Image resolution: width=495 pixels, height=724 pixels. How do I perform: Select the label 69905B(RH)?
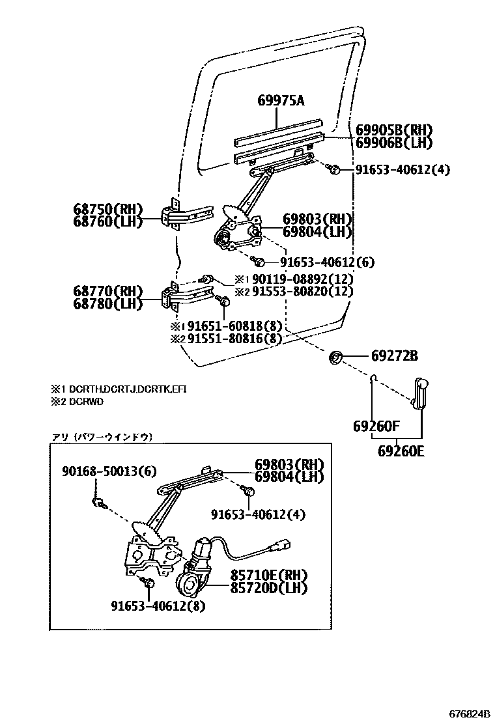pyautogui.click(x=394, y=130)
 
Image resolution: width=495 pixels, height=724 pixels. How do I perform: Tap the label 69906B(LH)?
pyautogui.click(x=394, y=142)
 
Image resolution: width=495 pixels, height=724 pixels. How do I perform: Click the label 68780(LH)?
pyautogui.click(x=108, y=303)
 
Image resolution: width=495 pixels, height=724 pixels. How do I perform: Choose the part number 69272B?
pyautogui.click(x=395, y=356)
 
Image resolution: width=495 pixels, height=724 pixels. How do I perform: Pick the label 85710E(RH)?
pyautogui.click(x=268, y=576)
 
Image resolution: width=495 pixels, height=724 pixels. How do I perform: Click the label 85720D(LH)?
pyautogui.click(x=268, y=588)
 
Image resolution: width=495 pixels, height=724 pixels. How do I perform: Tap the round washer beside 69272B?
pyautogui.click(x=337, y=357)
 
